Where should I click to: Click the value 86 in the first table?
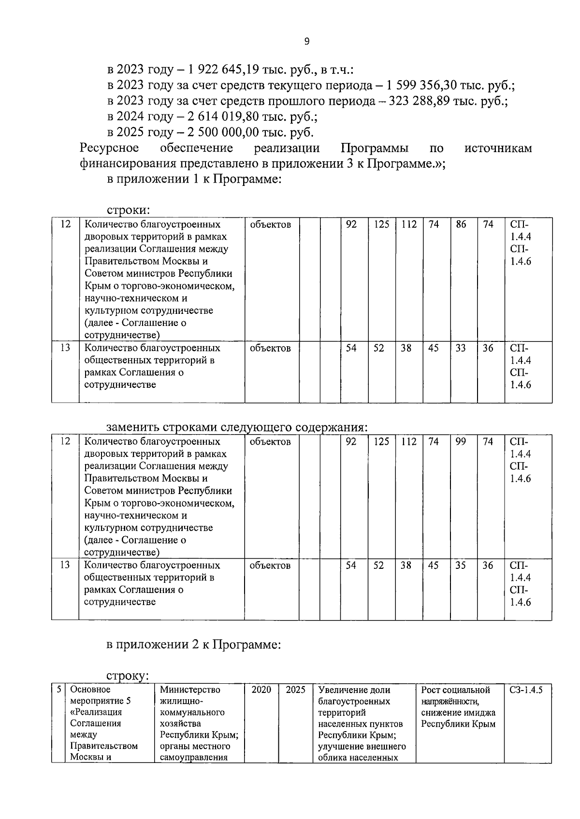point(461,225)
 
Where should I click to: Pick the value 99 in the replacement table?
point(461,441)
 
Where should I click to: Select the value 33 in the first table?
point(461,348)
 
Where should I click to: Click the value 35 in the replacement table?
point(461,565)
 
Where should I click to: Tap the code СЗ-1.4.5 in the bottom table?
point(526,690)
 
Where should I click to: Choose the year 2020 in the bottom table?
point(261,690)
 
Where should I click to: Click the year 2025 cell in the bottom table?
point(295,690)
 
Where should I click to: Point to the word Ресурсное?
point(109,148)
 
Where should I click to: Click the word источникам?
point(498,148)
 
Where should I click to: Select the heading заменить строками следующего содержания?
point(237,428)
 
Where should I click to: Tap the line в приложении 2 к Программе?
point(193,645)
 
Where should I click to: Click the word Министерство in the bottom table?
point(190,690)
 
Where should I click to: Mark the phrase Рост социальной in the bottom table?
point(455,690)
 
